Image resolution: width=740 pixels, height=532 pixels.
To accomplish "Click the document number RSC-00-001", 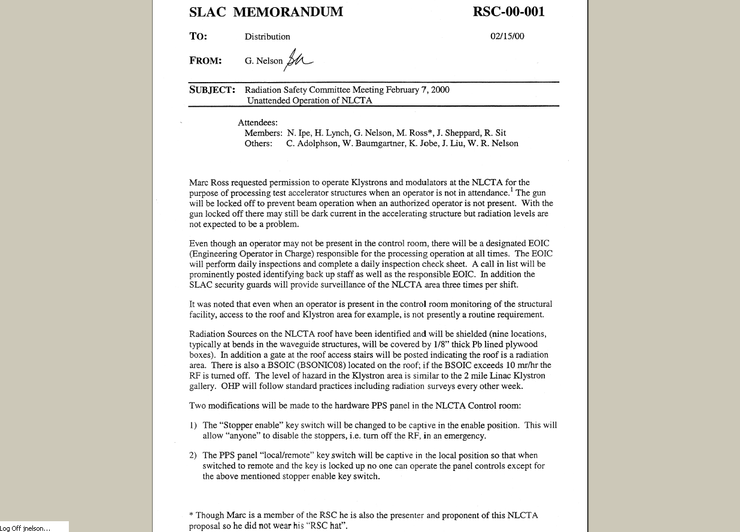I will (508, 12).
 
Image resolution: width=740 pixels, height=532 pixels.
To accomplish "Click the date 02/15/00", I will (507, 36).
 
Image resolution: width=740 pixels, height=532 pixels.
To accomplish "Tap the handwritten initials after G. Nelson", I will (299, 58).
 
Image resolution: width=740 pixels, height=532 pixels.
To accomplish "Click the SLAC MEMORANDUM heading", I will (266, 12).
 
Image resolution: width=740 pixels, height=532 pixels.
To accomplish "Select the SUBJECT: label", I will (212, 90).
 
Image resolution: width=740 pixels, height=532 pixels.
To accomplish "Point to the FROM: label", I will (205, 61).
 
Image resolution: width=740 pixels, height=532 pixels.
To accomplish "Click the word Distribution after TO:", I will (267, 37).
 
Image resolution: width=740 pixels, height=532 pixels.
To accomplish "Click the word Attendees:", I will (257, 122).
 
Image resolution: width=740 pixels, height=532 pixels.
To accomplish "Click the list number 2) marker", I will (193, 455).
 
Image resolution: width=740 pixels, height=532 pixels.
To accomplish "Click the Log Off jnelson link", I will (26, 528).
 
